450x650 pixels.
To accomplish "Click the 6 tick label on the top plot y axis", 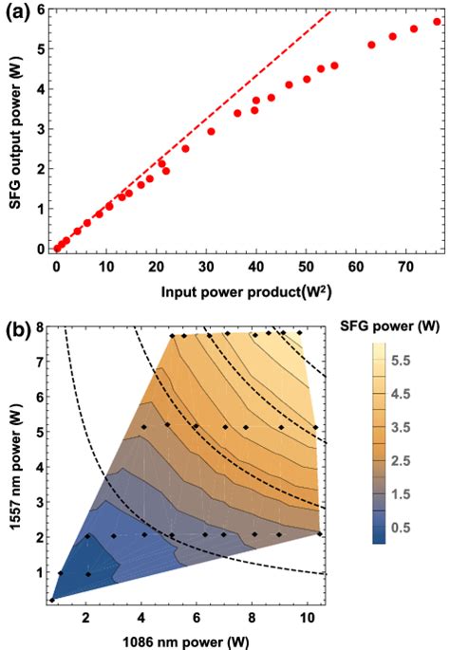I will point(41,9).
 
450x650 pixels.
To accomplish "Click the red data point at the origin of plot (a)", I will point(57,248).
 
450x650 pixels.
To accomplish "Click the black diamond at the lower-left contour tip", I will point(54,599).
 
